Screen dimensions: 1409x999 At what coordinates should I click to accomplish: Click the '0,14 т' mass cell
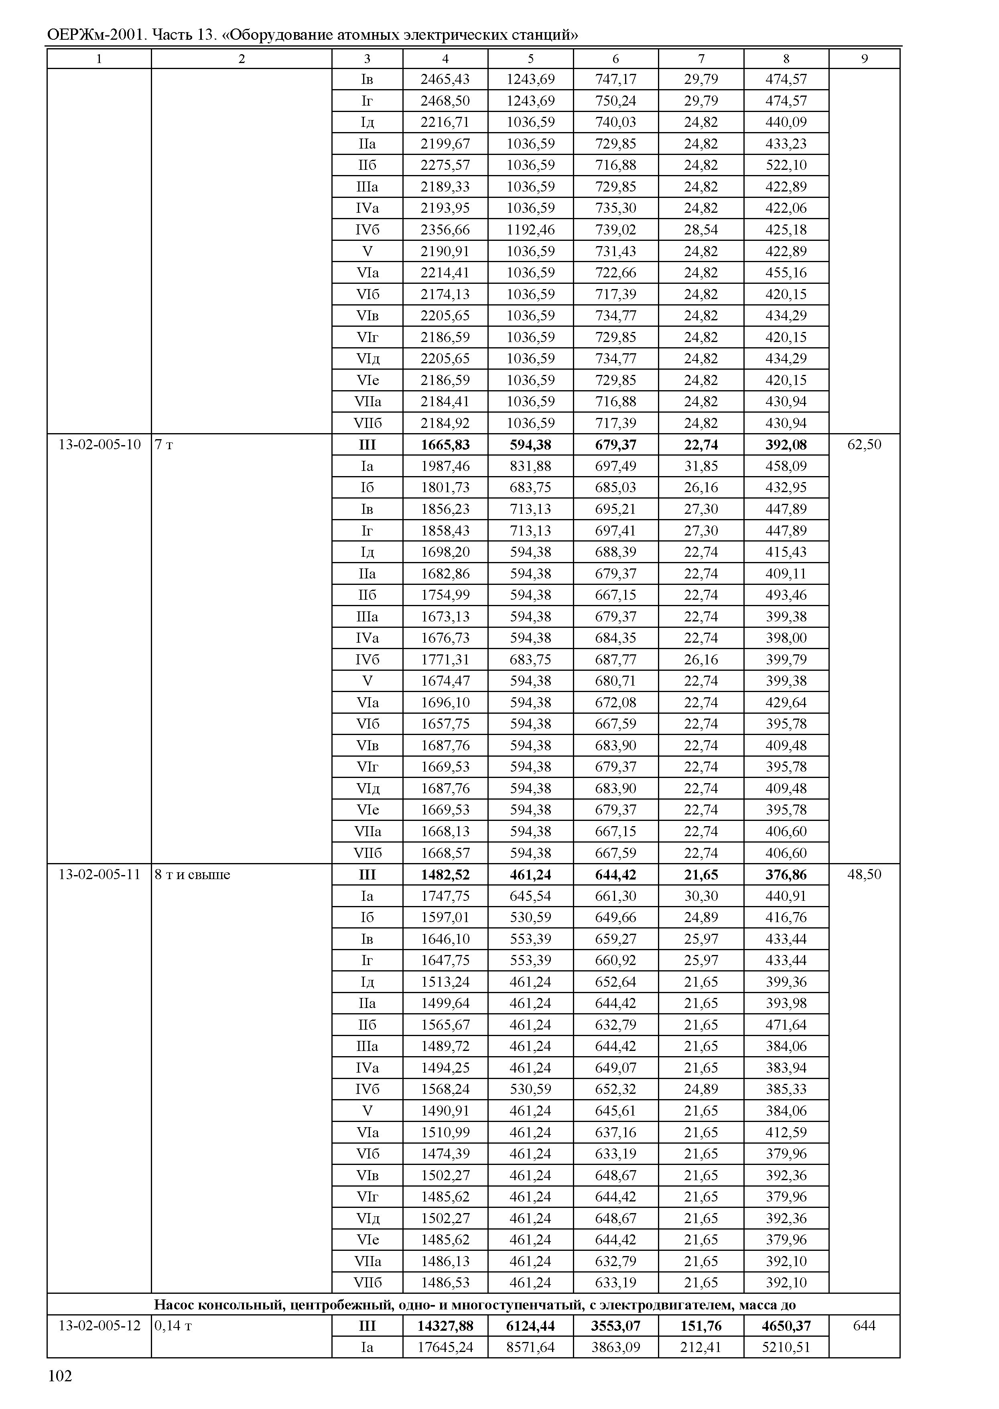click(x=173, y=1325)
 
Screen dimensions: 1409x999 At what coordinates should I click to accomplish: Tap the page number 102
click(x=60, y=1376)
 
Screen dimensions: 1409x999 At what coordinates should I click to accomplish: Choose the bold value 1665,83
click(x=445, y=444)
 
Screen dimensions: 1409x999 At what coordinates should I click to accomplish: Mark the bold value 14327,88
click(x=445, y=1325)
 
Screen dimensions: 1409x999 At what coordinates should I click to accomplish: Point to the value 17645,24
click(x=445, y=1347)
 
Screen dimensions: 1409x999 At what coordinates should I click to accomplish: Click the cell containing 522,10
click(x=786, y=165)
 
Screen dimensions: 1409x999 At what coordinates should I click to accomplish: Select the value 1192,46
click(x=530, y=230)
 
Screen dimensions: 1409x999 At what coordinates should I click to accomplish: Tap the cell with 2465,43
click(x=445, y=79)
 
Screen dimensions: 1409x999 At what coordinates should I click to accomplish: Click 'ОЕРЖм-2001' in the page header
click(x=95, y=35)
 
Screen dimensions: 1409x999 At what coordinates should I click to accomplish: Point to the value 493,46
click(x=786, y=595)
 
